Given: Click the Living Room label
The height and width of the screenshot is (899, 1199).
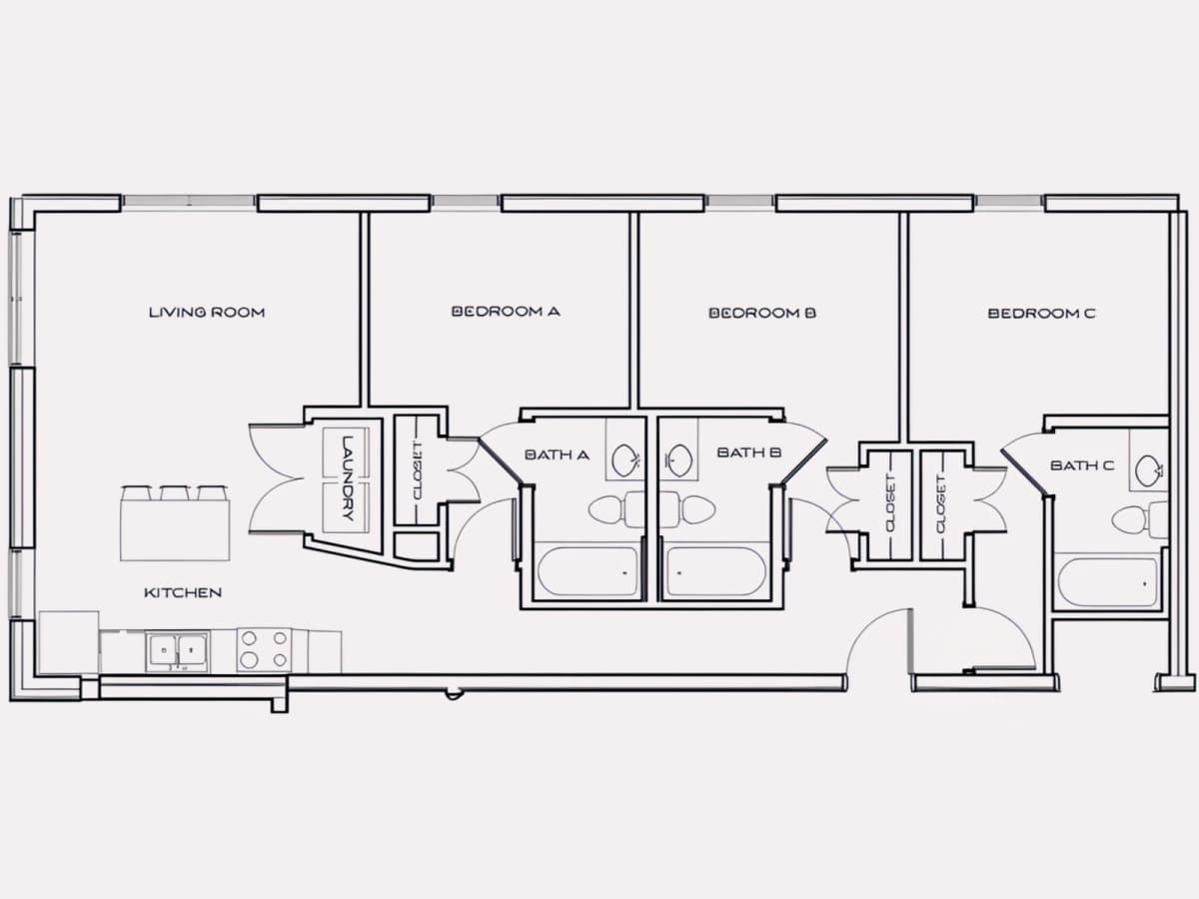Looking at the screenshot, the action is (207, 313).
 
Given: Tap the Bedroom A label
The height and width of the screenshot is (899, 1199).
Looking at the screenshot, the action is (506, 312).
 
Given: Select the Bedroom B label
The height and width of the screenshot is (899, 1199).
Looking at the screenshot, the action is (762, 314).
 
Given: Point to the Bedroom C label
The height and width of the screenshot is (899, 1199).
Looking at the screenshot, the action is (1042, 314).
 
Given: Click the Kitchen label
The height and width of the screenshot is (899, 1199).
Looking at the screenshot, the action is (183, 592).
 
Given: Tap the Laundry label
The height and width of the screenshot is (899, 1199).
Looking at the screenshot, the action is (348, 477).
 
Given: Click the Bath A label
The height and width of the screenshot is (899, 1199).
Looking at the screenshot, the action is (557, 455).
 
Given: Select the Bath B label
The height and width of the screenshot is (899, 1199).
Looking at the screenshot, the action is (749, 452).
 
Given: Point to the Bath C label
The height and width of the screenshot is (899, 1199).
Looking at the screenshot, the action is (1082, 465).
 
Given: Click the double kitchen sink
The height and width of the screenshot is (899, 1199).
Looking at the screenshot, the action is (178, 651).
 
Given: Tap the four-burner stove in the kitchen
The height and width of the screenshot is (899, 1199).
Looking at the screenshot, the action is (265, 649).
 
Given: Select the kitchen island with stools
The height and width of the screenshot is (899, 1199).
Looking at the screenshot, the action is (175, 522).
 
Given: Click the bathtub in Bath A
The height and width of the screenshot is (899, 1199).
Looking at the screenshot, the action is (588, 571).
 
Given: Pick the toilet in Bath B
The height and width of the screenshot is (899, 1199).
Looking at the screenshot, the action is (688, 509).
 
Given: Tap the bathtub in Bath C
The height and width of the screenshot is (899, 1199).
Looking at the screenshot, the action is (1108, 582).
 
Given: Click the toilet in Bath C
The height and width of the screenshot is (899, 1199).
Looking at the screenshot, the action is (1139, 519).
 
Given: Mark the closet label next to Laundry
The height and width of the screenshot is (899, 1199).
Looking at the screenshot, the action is (418, 471).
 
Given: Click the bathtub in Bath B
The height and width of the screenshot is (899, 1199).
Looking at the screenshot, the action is (716, 571).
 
